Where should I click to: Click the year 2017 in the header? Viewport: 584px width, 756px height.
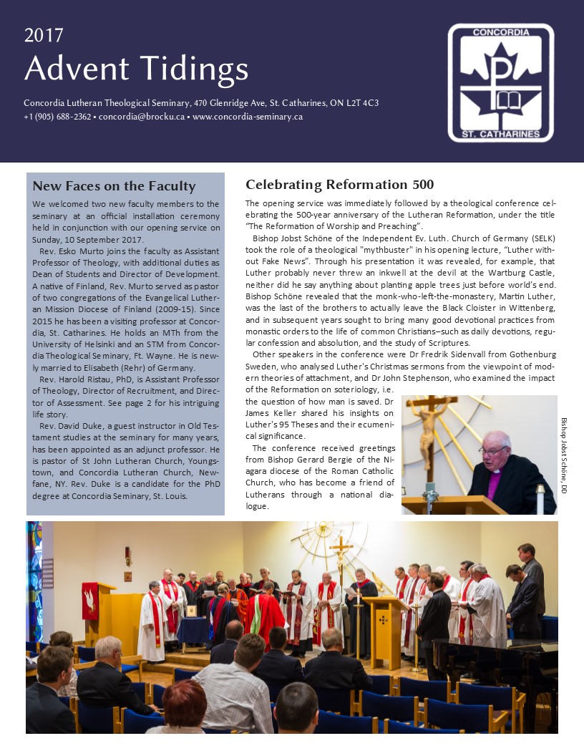(x=44, y=35)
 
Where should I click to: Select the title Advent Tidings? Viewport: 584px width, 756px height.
(x=136, y=69)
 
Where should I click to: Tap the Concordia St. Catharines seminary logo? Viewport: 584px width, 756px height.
(x=500, y=82)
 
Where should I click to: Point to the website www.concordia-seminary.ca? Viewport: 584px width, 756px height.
(x=248, y=116)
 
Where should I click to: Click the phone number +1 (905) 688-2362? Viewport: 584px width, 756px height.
(x=57, y=116)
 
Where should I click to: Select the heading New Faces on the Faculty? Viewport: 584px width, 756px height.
(x=114, y=186)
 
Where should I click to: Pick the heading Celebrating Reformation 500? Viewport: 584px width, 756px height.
(x=339, y=185)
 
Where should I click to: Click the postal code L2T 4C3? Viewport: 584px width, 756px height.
(x=364, y=102)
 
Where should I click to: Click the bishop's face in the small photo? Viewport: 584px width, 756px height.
(x=494, y=449)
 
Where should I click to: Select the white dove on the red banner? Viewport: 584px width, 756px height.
(x=91, y=599)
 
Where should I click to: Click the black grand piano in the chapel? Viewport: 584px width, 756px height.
(x=494, y=659)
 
